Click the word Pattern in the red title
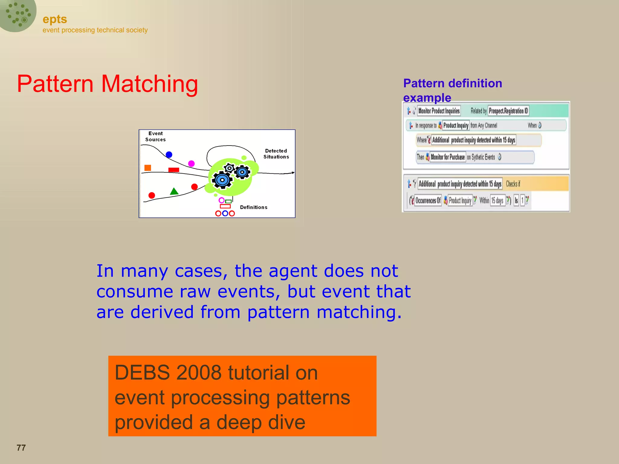coord(55,84)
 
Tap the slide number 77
coord(21,447)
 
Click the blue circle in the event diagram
coord(169,155)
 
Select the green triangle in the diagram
coord(174,191)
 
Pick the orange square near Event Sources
coord(148,168)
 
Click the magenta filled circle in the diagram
coord(191,163)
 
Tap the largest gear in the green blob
coord(222,180)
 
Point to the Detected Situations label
coord(276,154)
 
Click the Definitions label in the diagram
coord(254,207)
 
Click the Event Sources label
coord(155,137)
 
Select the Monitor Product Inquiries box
coord(439,111)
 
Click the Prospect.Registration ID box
coord(508,111)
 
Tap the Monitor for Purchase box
coord(448,157)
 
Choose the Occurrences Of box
coord(428,200)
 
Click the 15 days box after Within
coord(497,200)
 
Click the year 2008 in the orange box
coord(199,372)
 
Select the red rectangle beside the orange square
coord(173,170)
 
